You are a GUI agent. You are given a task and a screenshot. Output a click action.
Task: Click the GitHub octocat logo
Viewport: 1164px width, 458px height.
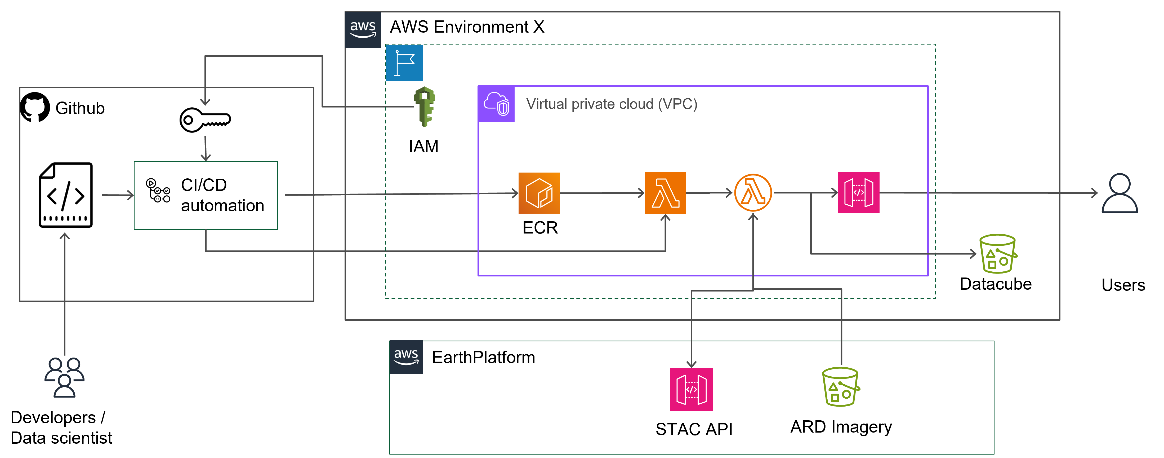point(35,107)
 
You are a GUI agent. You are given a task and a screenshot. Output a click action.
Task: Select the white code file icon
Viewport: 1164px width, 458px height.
point(65,195)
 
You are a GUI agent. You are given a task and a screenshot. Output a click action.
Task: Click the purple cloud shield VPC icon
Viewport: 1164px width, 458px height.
point(496,104)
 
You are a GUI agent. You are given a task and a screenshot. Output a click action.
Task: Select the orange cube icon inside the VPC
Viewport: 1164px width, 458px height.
point(539,193)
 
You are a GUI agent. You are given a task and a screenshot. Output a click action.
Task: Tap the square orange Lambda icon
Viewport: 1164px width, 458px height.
point(665,193)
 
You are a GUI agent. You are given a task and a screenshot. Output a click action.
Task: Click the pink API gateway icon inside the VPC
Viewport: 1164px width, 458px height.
point(859,193)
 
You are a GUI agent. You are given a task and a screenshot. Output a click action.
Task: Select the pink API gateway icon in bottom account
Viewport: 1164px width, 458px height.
point(691,389)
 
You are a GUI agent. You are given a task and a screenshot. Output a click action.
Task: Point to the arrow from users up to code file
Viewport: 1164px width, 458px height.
point(65,294)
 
